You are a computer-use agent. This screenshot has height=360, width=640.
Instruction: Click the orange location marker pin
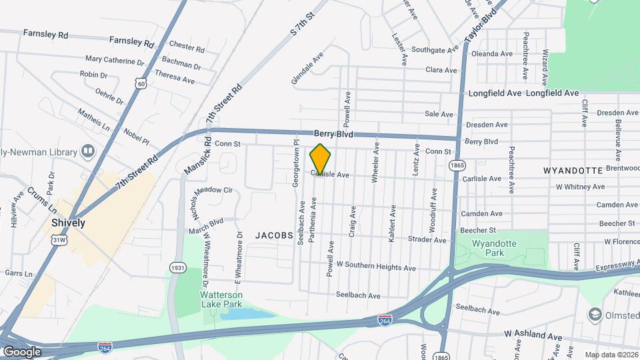point(320,158)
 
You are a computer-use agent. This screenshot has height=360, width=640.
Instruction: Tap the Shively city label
point(69,223)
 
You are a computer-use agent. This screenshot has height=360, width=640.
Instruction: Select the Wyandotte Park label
point(494,248)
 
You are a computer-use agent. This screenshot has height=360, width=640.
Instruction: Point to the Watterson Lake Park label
point(222,299)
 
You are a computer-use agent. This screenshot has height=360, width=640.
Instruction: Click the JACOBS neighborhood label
point(274,235)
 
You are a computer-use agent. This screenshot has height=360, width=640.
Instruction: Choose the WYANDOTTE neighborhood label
point(573,171)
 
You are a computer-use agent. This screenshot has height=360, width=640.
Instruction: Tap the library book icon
point(87,151)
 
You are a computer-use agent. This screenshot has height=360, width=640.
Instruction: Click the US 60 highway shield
point(139,83)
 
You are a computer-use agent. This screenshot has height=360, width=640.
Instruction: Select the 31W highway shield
point(59,239)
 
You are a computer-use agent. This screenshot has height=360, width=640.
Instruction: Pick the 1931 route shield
point(177,267)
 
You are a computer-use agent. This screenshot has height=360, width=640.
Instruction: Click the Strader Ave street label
point(427,239)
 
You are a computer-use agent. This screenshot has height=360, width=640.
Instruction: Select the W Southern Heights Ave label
point(376,267)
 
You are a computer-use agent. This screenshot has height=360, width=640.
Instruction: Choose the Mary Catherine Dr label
point(115,61)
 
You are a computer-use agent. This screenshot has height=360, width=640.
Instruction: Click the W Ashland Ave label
point(533,333)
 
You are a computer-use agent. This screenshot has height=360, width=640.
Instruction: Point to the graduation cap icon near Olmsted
point(595,314)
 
